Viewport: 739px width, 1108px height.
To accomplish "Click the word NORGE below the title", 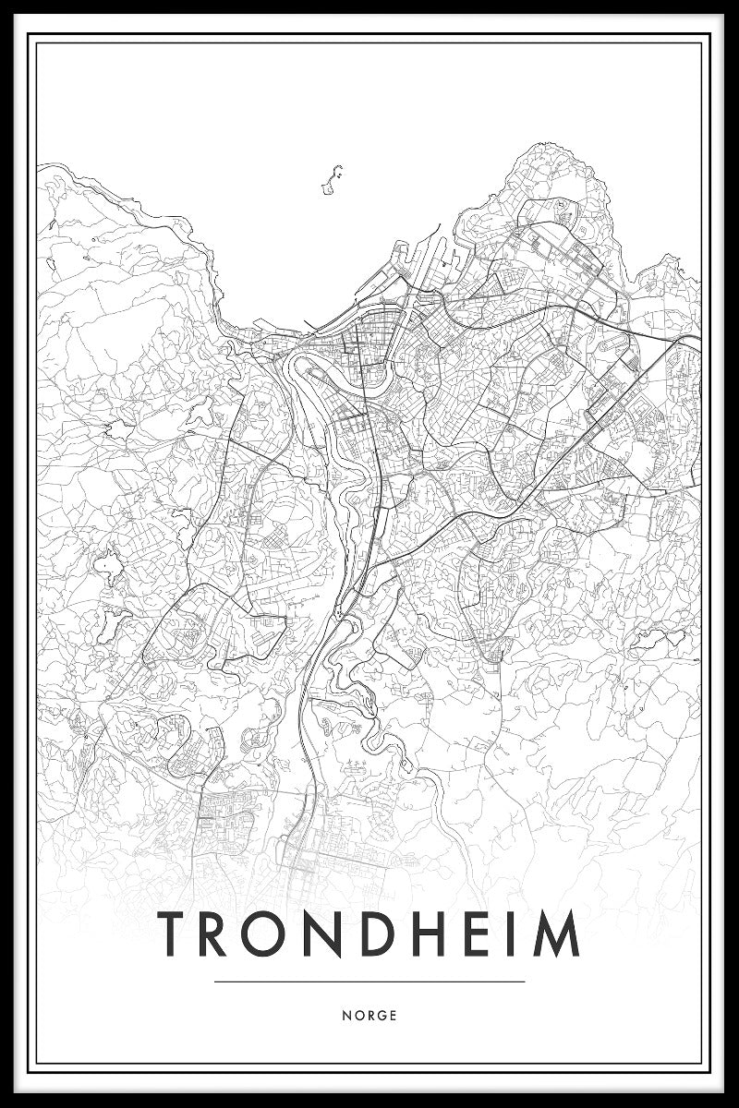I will [x=369, y=1016].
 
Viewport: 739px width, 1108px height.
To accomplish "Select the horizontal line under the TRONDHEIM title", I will [x=369, y=982].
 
